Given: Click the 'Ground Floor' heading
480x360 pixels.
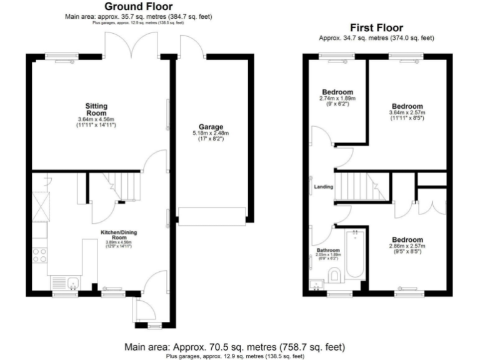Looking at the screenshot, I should (139, 7).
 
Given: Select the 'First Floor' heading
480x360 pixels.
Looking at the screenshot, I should (376, 28).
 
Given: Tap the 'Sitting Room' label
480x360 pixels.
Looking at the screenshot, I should (97, 109).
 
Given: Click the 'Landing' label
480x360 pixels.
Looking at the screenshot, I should (323, 186).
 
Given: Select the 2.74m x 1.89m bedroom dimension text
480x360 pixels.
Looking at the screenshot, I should (337, 99).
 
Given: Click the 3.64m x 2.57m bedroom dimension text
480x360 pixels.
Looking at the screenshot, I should (407, 112).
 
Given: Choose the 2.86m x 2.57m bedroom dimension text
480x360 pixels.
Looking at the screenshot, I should (407, 247).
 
